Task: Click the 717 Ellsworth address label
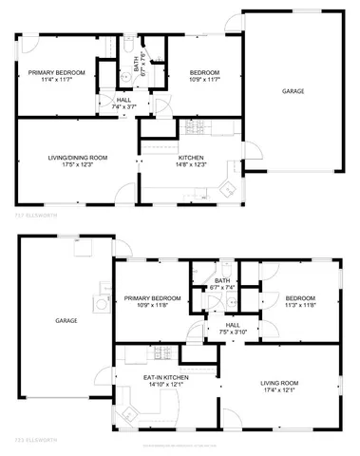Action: point(35,217)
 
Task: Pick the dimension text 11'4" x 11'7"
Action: point(56,80)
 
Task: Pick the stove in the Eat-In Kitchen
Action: point(161,356)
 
